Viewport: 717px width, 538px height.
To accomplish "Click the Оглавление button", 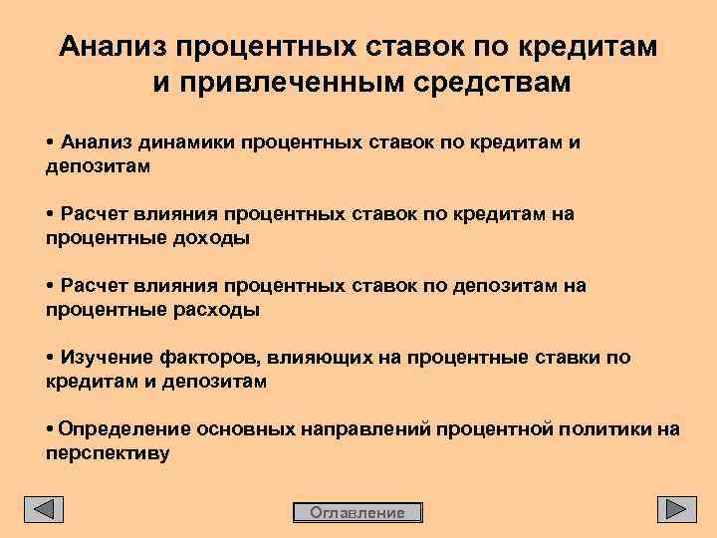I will click(358, 513).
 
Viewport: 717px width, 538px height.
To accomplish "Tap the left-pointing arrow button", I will click(44, 509).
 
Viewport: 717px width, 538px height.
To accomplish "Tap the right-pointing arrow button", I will click(676, 509).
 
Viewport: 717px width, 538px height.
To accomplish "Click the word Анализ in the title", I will click(113, 47).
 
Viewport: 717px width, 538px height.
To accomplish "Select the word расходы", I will click(216, 310).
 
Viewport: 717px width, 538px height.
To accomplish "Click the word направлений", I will click(361, 429).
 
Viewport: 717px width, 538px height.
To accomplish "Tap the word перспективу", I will click(108, 453).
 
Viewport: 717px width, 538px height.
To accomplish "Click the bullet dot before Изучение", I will click(50, 358).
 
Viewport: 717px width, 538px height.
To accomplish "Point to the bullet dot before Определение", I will click(50, 429).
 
